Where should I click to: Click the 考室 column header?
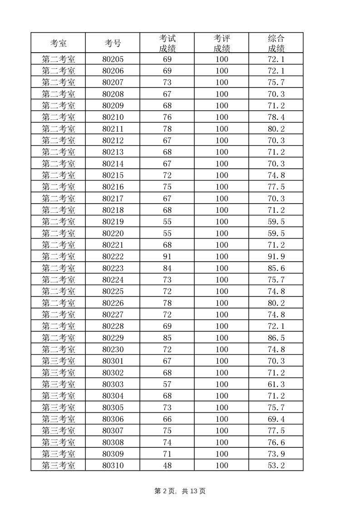[58, 44]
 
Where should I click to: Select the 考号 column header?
[113, 44]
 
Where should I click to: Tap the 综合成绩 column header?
[276, 44]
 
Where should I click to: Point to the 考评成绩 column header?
[222, 44]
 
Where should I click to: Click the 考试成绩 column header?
[167, 44]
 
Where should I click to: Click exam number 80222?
[113, 257]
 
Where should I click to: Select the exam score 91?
[167, 257]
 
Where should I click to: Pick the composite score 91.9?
[276, 257]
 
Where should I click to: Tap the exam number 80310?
[113, 465]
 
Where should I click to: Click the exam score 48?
[167, 465]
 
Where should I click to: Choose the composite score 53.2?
[276, 465]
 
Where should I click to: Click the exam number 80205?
[113, 59]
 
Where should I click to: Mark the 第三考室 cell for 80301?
[58, 361]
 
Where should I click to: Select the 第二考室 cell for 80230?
[58, 349]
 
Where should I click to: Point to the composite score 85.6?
[276, 268]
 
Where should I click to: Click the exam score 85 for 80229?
[167, 338]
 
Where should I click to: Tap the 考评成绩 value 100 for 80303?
[222, 384]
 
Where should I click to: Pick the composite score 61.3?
[276, 384]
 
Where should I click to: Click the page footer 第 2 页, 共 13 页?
[180, 491]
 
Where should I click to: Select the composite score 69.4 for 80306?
[276, 419]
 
